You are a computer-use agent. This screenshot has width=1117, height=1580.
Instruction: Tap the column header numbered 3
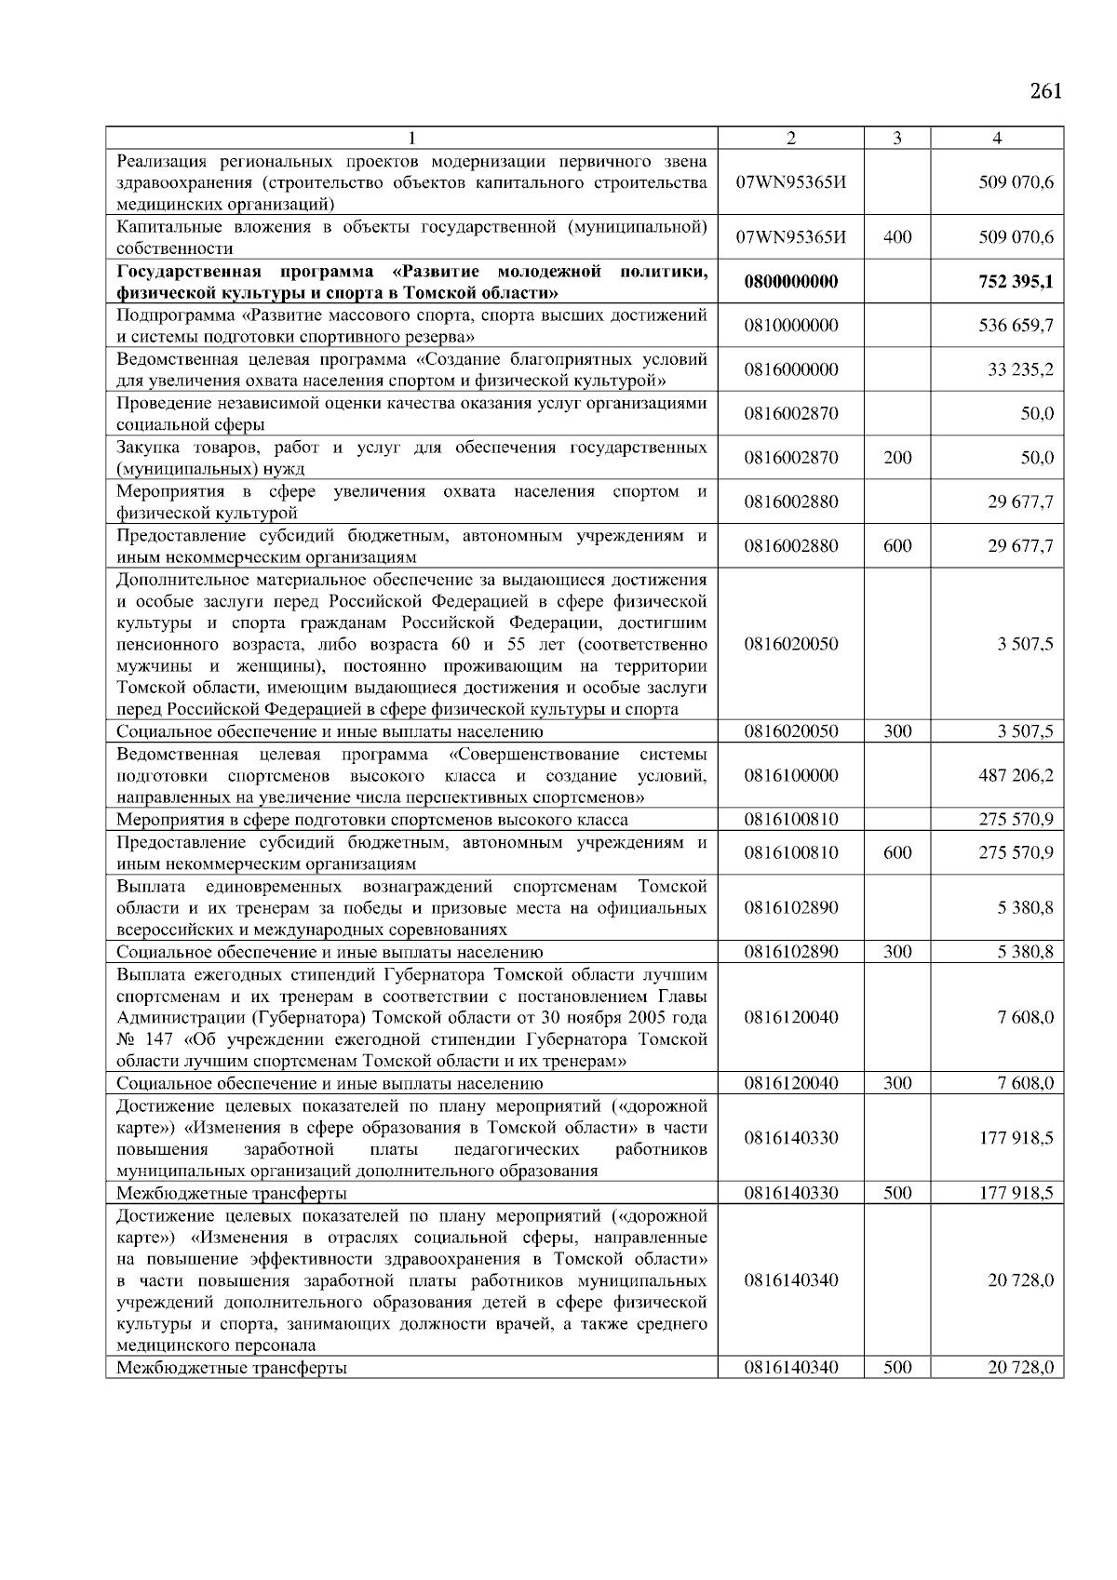point(896,139)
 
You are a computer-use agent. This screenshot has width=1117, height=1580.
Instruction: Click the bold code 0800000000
point(790,282)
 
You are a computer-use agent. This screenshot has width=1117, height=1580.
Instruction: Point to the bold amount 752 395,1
point(1016,282)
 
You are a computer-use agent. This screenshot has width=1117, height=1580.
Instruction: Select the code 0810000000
point(790,326)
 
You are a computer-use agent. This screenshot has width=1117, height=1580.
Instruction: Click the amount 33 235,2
point(1020,369)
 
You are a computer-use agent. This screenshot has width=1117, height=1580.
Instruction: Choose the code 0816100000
point(790,775)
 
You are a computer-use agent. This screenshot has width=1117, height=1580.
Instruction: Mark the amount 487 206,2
point(1016,775)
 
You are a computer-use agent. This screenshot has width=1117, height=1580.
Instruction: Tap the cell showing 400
point(896,238)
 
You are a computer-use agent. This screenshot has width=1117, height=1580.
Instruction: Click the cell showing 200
point(896,458)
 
